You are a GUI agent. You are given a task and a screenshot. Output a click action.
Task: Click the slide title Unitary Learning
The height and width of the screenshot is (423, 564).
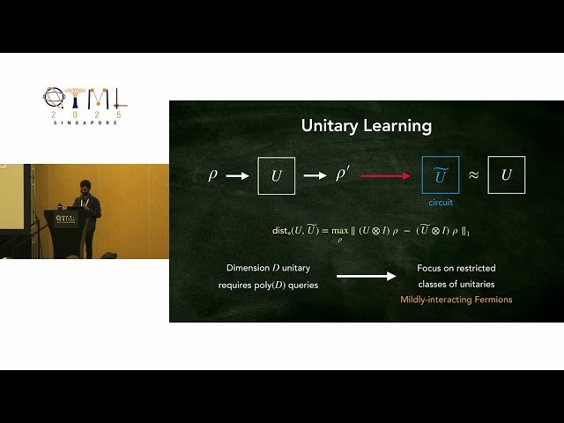(367, 126)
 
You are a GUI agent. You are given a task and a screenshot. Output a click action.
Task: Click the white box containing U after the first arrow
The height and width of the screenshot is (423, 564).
(276, 175)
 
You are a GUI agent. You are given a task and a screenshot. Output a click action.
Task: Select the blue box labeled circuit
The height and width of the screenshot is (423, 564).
(440, 175)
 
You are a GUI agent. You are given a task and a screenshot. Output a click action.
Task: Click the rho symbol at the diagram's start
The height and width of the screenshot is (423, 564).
(212, 175)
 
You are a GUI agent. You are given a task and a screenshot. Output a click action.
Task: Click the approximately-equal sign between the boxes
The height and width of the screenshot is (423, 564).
(473, 175)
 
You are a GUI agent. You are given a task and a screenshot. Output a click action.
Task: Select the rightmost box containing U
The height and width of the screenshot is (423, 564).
(506, 175)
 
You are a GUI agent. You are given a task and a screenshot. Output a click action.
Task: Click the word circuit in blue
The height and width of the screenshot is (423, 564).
(440, 203)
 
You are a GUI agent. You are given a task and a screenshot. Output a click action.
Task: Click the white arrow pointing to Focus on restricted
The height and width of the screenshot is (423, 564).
(366, 277)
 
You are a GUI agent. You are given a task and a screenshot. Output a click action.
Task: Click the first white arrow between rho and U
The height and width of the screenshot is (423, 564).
(238, 176)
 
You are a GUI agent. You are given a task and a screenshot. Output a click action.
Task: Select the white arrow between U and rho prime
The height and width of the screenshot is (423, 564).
(315, 176)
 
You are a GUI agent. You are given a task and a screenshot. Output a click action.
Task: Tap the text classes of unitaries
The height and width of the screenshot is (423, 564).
(456, 285)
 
